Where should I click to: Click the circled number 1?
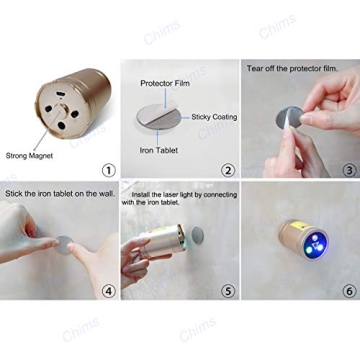pyautogui.click(x=107, y=169)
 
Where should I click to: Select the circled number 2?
pyautogui.click(x=227, y=169)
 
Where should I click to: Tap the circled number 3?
pyautogui.click(x=349, y=169)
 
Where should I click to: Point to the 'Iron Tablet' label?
pyautogui.click(x=159, y=151)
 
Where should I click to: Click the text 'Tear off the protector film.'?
pyautogui.click(x=298, y=67)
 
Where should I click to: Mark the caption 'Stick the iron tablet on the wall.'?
pyautogui.click(x=57, y=192)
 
